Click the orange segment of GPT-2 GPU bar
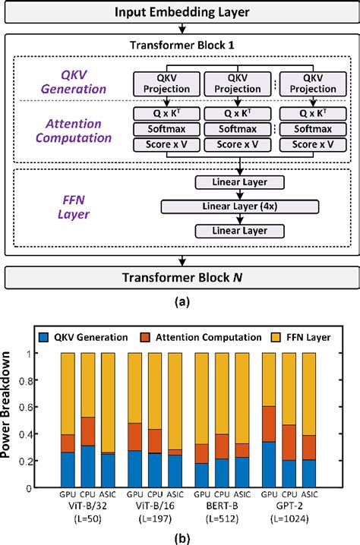pos(267,424)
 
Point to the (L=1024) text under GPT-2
pos(290,523)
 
